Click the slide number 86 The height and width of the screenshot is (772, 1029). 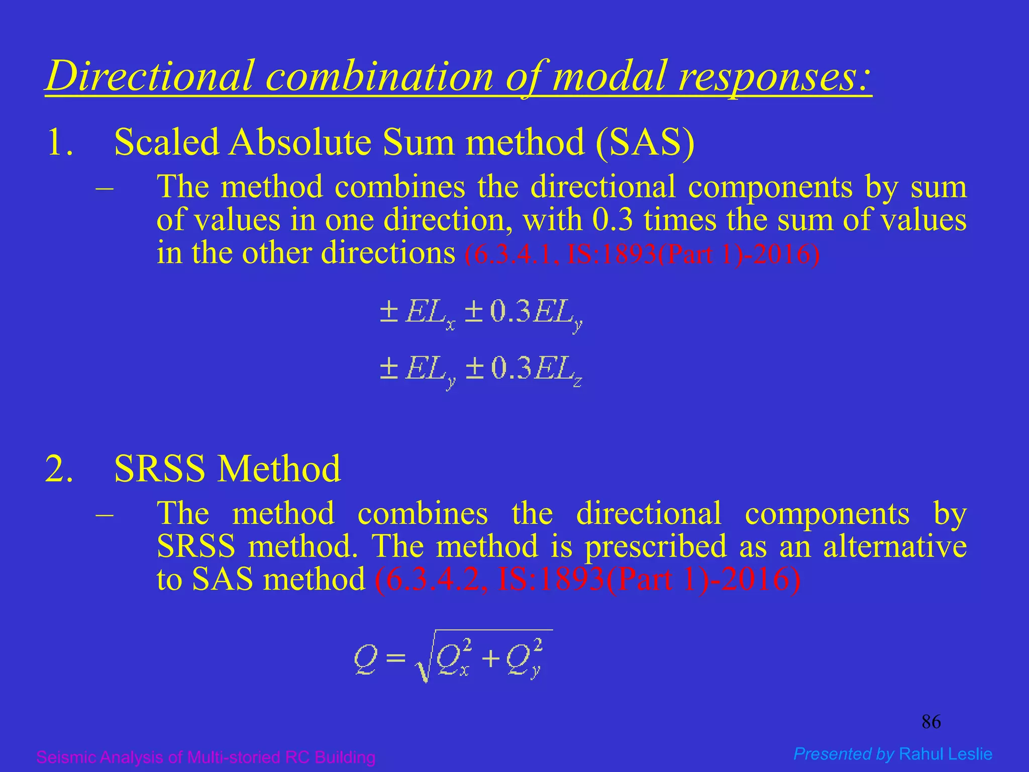pyautogui.click(x=931, y=722)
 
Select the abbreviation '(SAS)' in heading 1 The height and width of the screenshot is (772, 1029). pyautogui.click(x=645, y=142)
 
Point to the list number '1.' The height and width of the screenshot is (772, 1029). pyautogui.click(x=60, y=142)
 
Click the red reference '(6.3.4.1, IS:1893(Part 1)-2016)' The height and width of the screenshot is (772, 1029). pyautogui.click(x=642, y=254)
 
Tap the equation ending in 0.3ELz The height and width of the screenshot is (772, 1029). pyautogui.click(x=481, y=370)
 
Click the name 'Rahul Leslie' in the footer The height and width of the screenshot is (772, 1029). pyautogui.click(x=946, y=754)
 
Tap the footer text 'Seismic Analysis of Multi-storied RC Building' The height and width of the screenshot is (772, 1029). pyautogui.click(x=206, y=757)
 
